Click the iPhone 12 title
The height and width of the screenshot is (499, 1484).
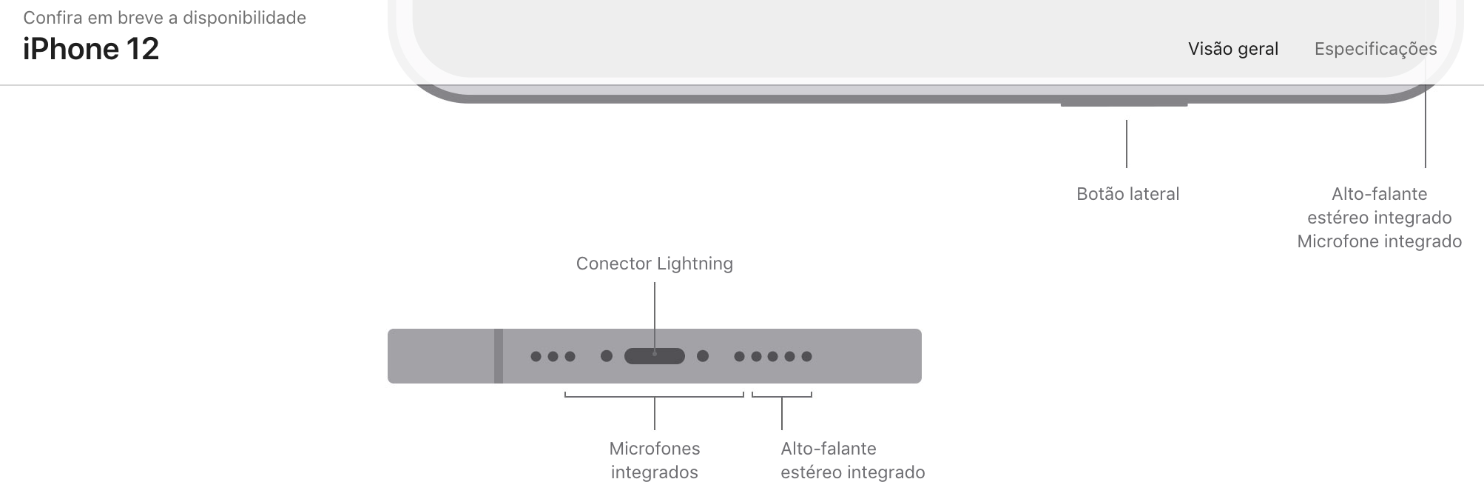(91, 49)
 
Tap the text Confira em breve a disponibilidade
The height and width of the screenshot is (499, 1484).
(164, 18)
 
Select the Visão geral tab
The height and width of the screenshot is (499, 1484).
(1232, 49)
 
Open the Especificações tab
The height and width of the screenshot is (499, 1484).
(1375, 49)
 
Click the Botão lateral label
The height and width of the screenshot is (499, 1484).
(1127, 194)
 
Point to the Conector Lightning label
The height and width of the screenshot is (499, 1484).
(654, 264)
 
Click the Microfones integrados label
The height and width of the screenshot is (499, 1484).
(654, 460)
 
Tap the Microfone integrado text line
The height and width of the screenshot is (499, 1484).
(1379, 241)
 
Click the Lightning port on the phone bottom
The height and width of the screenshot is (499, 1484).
(654, 356)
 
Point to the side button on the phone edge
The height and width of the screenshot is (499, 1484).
(1124, 104)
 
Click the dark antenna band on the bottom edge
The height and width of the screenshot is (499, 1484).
(499, 356)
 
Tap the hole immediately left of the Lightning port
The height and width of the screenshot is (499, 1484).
(607, 356)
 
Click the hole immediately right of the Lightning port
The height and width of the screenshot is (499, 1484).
(703, 356)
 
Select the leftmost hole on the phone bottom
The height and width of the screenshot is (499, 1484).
(536, 356)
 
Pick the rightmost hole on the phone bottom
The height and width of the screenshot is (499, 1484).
(806, 356)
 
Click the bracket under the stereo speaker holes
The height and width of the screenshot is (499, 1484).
(782, 396)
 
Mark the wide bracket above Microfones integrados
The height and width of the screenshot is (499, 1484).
(654, 396)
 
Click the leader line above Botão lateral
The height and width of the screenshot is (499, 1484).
(1127, 144)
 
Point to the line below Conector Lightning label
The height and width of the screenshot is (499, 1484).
(655, 304)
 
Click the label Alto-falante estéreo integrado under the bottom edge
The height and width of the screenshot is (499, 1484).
(852, 460)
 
